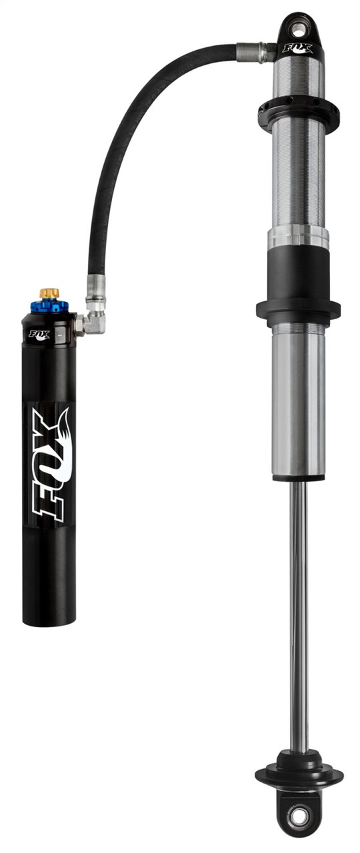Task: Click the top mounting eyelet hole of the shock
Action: pos(298,27)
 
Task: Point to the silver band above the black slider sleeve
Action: pos(298,239)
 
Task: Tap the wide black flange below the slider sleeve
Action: pos(298,311)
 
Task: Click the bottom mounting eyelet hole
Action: pos(298,815)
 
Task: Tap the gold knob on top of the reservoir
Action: pos(49,293)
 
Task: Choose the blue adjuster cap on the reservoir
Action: pos(49,307)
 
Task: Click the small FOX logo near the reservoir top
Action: pos(37,335)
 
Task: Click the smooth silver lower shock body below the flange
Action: pos(298,400)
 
